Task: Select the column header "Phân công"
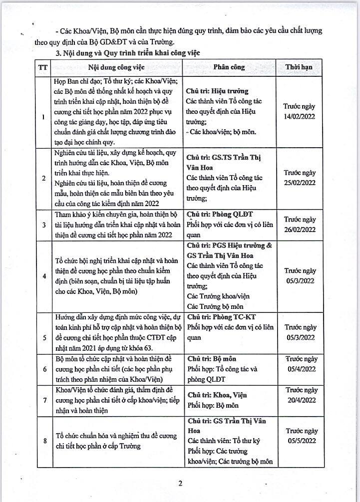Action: click(229, 67)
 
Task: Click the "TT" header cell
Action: click(43, 67)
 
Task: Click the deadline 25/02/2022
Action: click(300, 183)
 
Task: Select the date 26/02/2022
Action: click(300, 230)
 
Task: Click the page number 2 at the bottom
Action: click(180, 483)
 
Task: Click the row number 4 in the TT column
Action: click(44, 276)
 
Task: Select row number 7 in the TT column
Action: click(44, 400)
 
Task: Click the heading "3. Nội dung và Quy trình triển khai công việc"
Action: click(125, 52)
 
